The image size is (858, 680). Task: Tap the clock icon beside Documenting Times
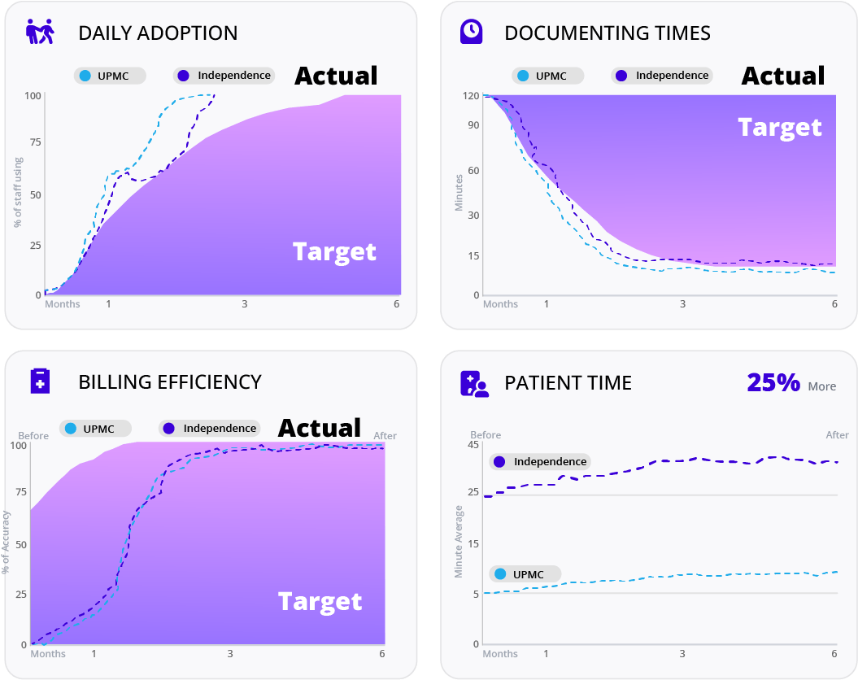click(471, 32)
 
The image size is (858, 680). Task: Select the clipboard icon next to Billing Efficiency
click(40, 381)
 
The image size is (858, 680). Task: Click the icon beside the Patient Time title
click(474, 383)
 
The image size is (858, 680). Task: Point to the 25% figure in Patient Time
click(773, 383)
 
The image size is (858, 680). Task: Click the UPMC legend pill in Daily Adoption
click(110, 76)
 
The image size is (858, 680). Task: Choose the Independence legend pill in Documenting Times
click(662, 76)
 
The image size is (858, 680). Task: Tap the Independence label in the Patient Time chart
click(540, 461)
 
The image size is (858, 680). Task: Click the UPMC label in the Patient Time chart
click(525, 574)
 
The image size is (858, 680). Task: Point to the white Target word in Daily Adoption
click(334, 252)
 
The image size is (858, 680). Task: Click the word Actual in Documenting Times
click(783, 76)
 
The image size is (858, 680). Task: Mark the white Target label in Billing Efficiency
click(320, 602)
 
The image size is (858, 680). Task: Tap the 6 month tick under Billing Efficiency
click(382, 654)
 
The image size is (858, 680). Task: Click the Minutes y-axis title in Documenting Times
click(459, 193)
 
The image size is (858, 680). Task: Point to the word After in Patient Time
click(837, 435)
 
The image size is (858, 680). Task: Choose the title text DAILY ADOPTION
click(158, 33)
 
